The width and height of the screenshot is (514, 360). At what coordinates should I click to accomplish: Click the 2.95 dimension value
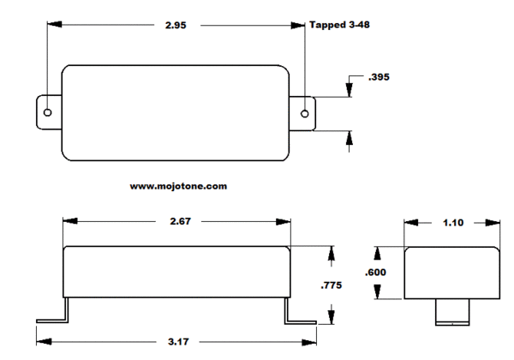(x=176, y=25)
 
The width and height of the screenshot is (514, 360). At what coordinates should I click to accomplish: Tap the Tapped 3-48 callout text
(x=339, y=25)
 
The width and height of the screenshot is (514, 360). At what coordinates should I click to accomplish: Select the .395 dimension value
(x=379, y=77)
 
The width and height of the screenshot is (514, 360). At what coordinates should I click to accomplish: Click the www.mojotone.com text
(x=178, y=186)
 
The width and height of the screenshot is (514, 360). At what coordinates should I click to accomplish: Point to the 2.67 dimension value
(x=180, y=221)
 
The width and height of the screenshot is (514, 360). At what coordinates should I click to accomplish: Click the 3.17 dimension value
(x=178, y=342)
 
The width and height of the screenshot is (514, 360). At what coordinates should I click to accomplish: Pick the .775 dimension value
(x=331, y=285)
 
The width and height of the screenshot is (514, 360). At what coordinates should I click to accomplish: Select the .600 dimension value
(x=375, y=272)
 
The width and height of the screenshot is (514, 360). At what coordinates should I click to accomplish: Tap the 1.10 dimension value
(x=453, y=223)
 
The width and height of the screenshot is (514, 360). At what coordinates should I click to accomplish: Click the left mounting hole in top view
(x=47, y=113)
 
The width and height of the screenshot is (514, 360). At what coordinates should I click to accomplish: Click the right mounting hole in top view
(x=304, y=114)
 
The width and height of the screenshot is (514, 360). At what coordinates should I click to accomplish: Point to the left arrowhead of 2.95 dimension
(x=55, y=25)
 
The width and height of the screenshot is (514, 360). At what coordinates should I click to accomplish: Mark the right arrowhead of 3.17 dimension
(x=309, y=342)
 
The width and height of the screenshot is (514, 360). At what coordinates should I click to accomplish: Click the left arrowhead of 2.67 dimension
(x=70, y=221)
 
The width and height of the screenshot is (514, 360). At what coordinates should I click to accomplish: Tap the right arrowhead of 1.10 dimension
(x=493, y=223)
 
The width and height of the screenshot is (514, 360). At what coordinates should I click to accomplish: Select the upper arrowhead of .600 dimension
(x=378, y=254)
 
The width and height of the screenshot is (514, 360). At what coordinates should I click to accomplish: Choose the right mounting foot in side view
(x=301, y=311)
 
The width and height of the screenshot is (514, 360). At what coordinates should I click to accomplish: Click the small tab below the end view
(x=452, y=312)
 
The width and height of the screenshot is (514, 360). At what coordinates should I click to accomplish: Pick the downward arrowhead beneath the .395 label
(x=350, y=90)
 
